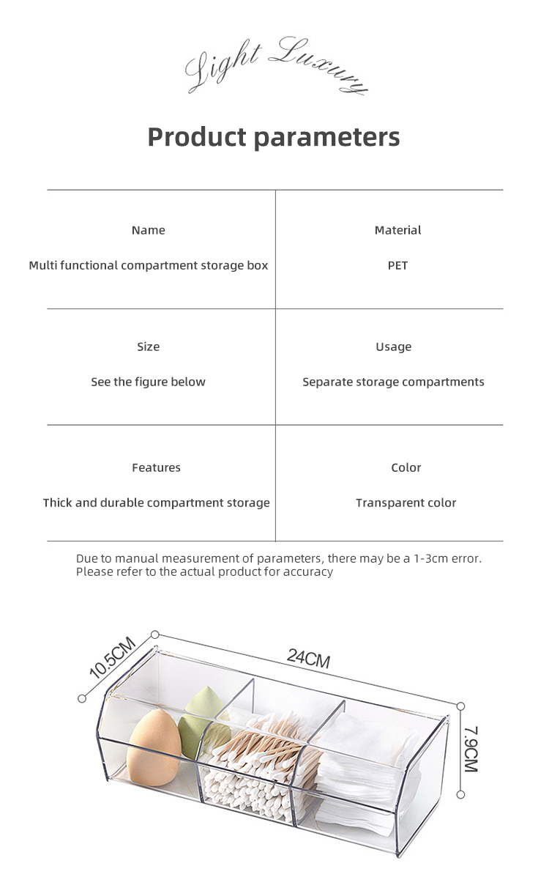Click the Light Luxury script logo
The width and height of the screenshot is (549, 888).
coord(274,66)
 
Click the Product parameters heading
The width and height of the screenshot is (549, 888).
coord(274,137)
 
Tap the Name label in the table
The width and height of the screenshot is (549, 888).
coord(148,230)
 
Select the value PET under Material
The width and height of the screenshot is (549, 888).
coord(397,265)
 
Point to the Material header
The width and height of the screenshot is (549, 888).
coord(397,230)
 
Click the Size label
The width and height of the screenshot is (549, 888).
coord(148,347)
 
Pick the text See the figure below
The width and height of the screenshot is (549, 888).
coord(148,382)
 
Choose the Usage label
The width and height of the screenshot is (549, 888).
coord(393,347)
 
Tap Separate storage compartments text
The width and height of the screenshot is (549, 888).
coord(393,382)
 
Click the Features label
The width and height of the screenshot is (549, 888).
coord(156,467)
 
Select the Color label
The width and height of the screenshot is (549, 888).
coord(406,467)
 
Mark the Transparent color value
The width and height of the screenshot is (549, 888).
coord(406,503)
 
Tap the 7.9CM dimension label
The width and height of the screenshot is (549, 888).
coord(470,750)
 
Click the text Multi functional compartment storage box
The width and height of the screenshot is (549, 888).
coord(148,265)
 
